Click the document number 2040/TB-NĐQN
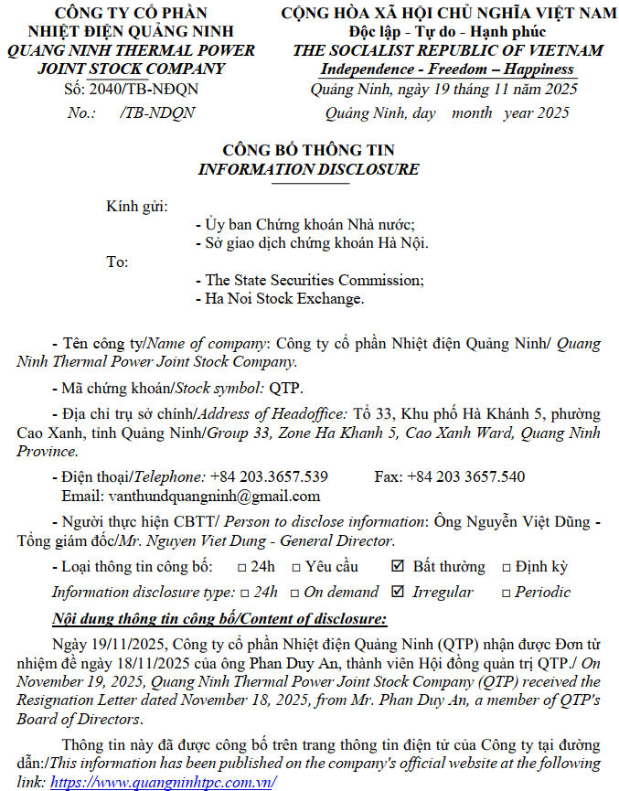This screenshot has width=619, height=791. [144, 90]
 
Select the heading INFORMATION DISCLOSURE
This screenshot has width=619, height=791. [308, 169]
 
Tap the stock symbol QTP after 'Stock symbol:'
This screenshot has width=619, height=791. [284, 387]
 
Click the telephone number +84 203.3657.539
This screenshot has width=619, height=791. [269, 477]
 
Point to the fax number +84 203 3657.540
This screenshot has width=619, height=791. [465, 477]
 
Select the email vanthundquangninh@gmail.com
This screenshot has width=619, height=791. [191, 497]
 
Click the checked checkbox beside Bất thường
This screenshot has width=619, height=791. [397, 567]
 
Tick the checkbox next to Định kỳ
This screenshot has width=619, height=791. [506, 568]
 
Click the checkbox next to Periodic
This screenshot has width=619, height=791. [506, 593]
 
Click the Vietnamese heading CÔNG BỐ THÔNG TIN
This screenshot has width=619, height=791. [308, 150]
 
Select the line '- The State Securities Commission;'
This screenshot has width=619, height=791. [309, 280]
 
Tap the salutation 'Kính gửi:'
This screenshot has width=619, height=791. [137, 205]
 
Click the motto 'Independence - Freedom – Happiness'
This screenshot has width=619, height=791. [447, 69]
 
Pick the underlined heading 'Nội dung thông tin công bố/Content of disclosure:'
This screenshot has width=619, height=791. [219, 618]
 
